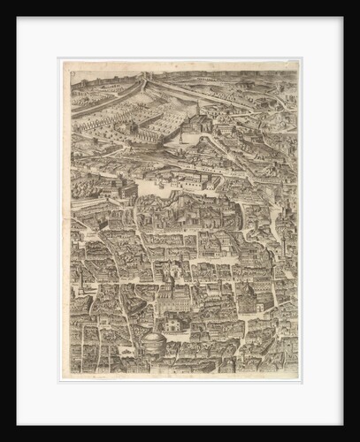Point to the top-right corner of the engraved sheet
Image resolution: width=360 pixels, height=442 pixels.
click(x=299, y=60)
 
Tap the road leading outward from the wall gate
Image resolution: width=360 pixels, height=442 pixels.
click(x=203, y=88)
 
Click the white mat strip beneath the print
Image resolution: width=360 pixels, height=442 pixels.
click(x=180, y=403)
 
